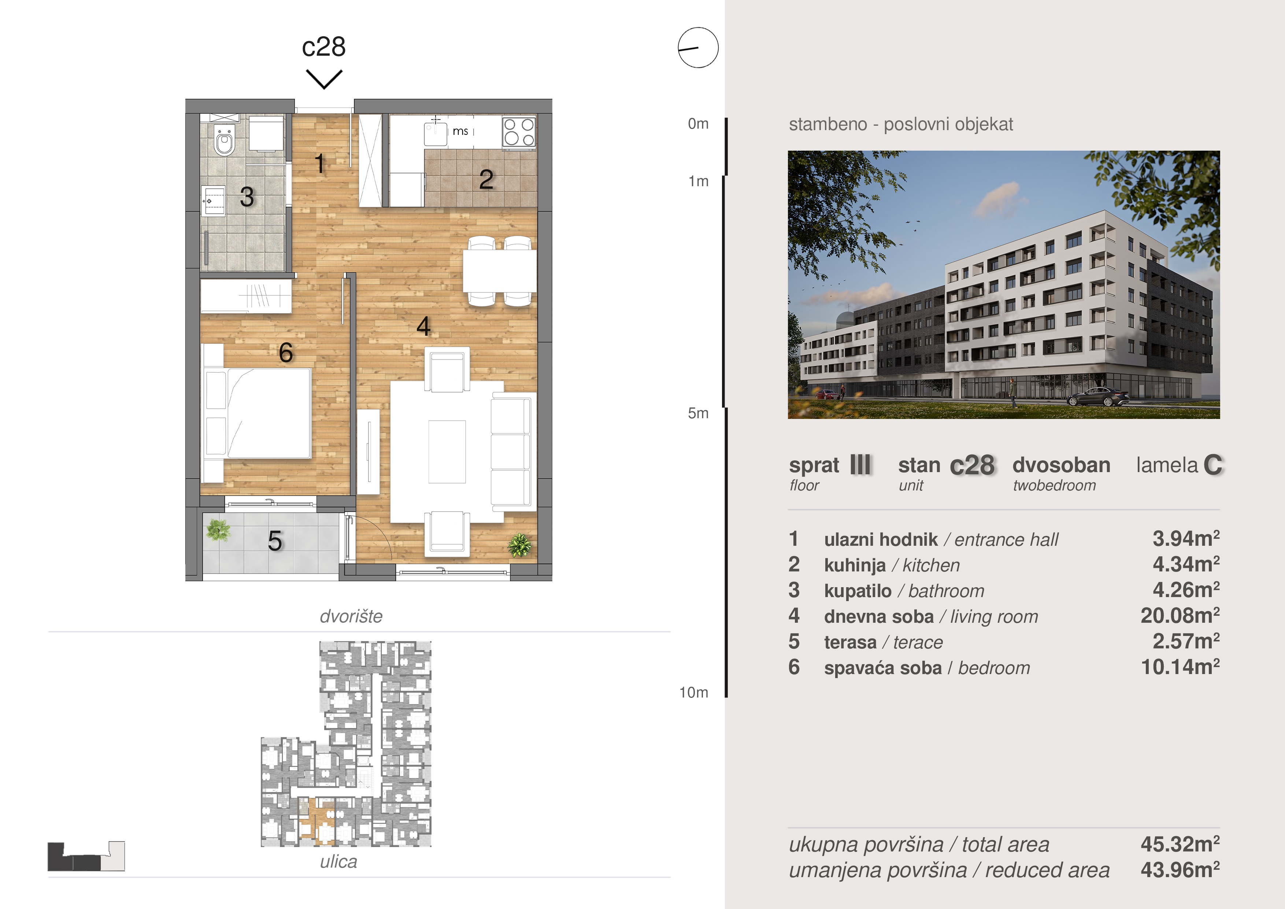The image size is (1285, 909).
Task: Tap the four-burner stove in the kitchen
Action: point(519,132)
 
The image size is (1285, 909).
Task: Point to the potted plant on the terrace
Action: point(218,530)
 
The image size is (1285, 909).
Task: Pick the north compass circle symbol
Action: point(698,48)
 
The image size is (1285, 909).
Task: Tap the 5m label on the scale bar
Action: point(698,413)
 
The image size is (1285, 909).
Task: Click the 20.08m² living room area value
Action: point(1180,615)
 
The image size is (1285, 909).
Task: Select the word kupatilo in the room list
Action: point(858,591)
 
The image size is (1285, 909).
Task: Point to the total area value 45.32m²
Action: point(1180,844)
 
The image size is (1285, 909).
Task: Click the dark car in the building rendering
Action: point(1098,397)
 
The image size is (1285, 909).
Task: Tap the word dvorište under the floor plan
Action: point(351,616)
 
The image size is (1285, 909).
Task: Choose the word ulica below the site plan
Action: point(338,861)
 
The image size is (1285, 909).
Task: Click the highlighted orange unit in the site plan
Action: point(317,821)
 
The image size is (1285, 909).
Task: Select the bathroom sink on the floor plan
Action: point(213,200)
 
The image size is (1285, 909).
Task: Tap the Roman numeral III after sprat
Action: point(860,465)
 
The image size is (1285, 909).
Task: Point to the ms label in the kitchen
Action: point(460,131)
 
